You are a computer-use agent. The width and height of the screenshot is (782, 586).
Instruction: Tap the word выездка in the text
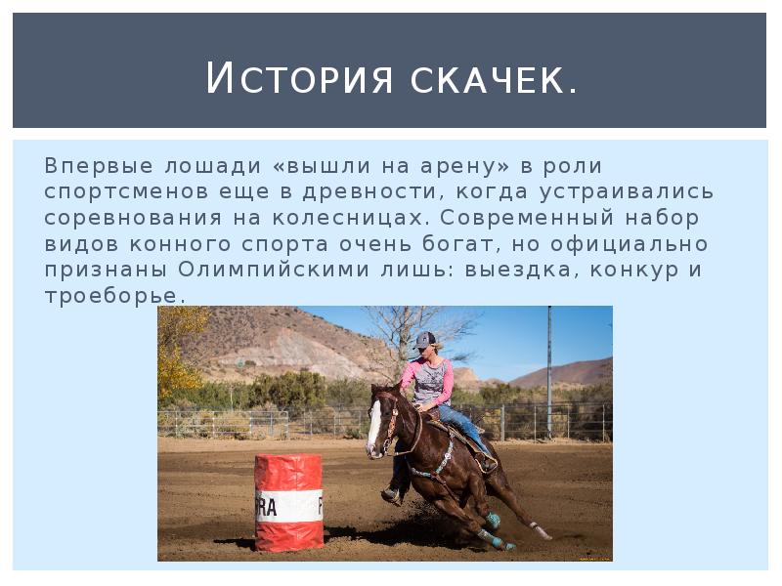tap(513, 269)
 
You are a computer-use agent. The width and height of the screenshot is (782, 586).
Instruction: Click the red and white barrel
tap(288, 500)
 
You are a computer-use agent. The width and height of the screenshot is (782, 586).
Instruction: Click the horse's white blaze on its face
tap(373, 427)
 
